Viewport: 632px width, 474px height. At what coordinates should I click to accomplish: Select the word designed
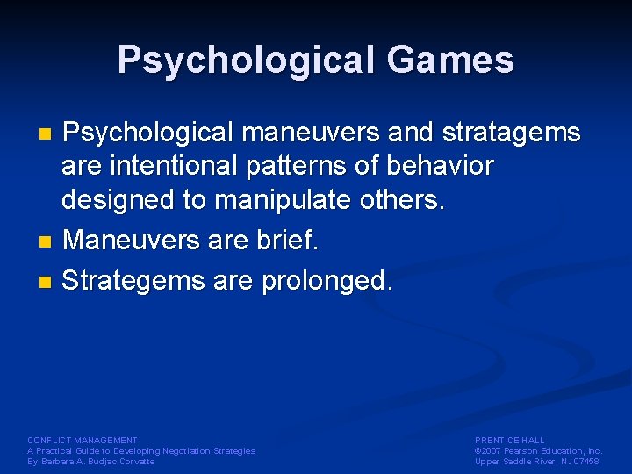119,201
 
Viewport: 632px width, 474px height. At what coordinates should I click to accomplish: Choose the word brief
290,241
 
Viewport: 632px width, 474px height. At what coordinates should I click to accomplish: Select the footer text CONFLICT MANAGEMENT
83,440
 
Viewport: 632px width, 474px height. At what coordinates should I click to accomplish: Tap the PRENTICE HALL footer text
510,440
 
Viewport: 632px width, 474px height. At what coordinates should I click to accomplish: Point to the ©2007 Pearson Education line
537,450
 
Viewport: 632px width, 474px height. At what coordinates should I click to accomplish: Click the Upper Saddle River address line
536,461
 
